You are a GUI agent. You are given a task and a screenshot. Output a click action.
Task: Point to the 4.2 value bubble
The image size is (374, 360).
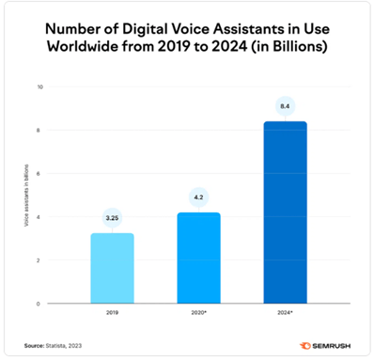(x=198, y=196)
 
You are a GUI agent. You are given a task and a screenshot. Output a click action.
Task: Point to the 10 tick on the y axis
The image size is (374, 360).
(x=39, y=87)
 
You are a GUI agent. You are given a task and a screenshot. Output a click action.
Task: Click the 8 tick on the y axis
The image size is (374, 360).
(x=40, y=131)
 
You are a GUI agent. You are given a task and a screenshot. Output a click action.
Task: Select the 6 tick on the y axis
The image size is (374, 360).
(x=40, y=174)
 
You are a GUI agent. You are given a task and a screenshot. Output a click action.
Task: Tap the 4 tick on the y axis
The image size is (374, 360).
(x=40, y=217)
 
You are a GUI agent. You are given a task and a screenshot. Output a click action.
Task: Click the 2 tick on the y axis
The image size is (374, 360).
(x=40, y=260)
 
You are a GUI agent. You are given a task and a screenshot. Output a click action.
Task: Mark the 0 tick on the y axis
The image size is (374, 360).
(x=40, y=304)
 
